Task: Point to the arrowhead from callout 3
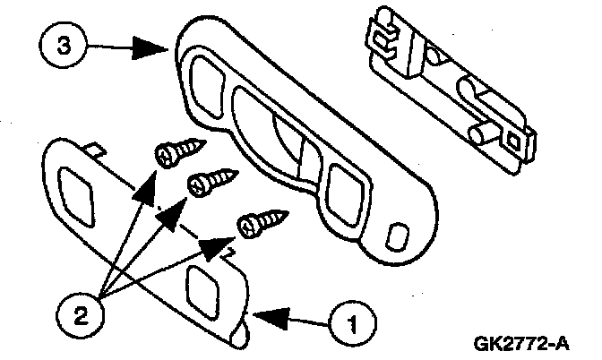coord(150,47)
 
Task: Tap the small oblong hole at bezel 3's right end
coord(398,236)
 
